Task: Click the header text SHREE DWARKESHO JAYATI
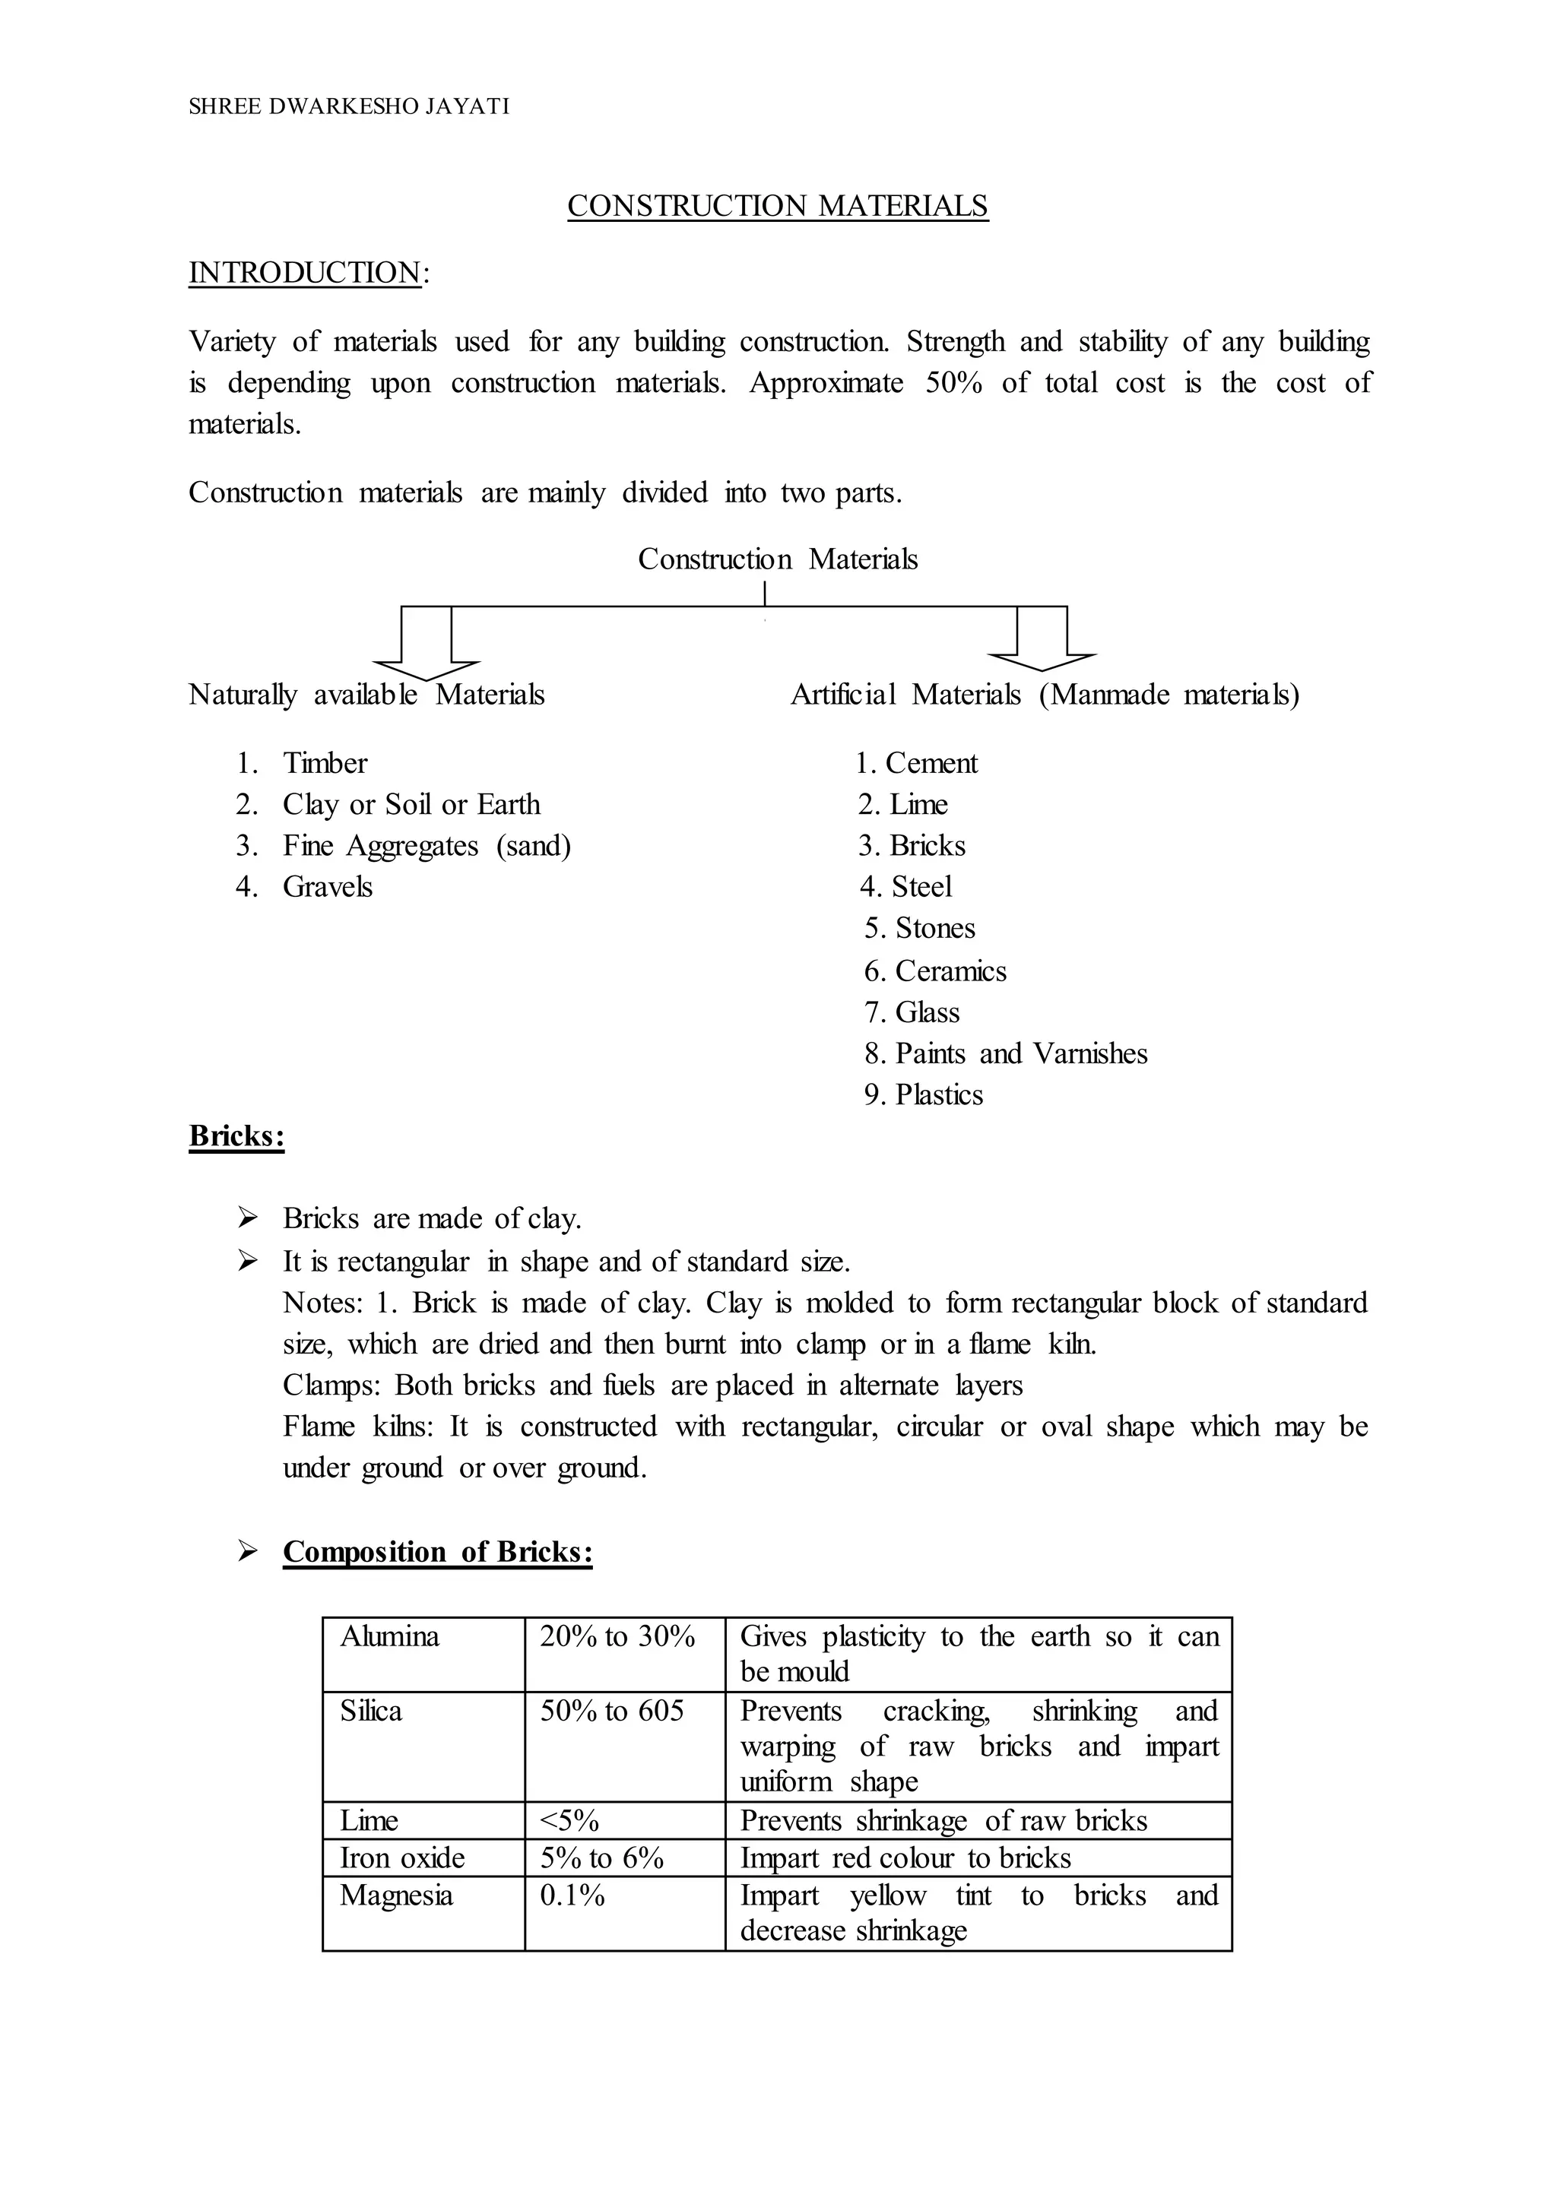(348, 106)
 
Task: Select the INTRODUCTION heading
(305, 272)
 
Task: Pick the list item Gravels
(327, 887)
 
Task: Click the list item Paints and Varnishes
(1020, 1053)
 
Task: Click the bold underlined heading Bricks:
(236, 1136)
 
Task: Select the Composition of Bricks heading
(437, 1552)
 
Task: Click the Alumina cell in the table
(389, 1636)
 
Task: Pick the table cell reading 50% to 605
(612, 1711)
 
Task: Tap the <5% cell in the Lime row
(569, 1820)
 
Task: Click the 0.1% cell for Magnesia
(572, 1895)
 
